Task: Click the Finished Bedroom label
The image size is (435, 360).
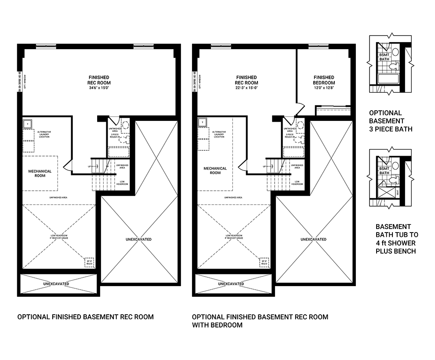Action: (x=324, y=80)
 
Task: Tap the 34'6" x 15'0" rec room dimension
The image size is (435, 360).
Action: (x=99, y=87)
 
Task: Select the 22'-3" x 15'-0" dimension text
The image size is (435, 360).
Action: (x=246, y=87)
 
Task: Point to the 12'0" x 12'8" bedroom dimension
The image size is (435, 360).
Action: (x=324, y=87)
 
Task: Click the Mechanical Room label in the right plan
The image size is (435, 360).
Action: (x=215, y=171)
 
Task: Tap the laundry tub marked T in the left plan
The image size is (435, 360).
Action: (x=27, y=124)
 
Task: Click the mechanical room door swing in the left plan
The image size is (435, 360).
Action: (x=67, y=166)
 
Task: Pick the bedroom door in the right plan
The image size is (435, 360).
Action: (x=300, y=108)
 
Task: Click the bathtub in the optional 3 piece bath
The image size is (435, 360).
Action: (x=388, y=79)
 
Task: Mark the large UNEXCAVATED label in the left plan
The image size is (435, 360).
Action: (x=138, y=239)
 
